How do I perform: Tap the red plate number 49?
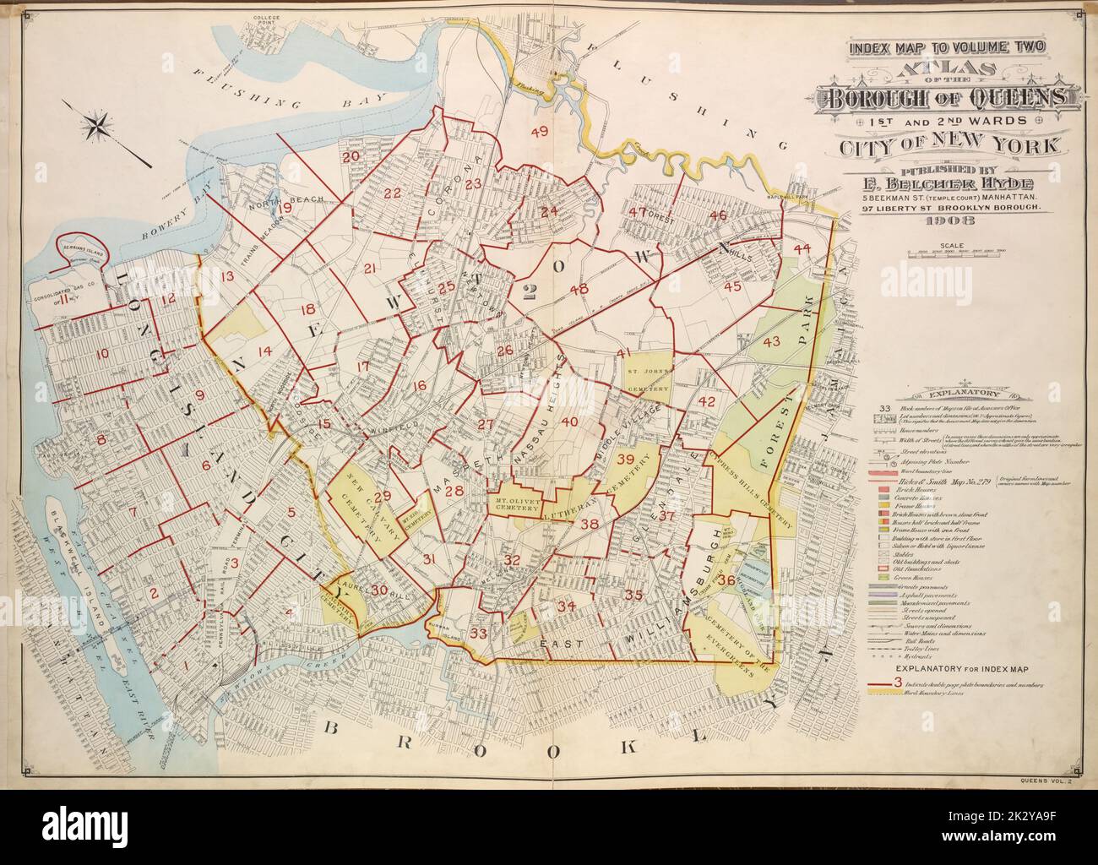(539, 131)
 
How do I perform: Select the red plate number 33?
(479, 633)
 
